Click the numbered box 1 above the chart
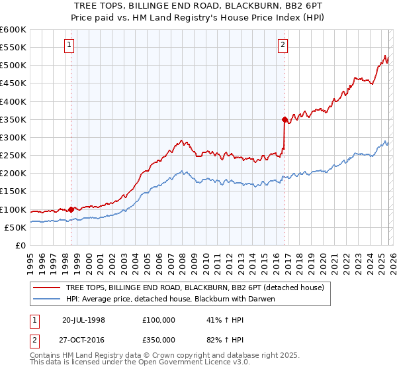pos(70,45)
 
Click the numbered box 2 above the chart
pos(283,45)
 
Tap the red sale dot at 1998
pos(71,209)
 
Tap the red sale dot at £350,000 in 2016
pos(285,120)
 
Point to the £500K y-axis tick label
pos(13,66)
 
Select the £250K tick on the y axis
pos(13,156)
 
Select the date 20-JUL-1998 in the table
pos(83,319)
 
